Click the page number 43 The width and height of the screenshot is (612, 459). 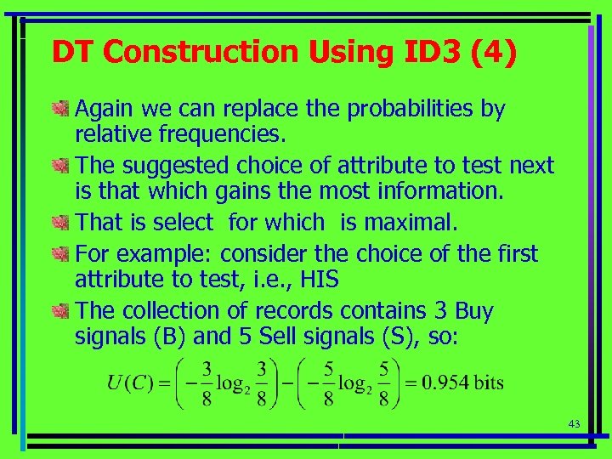pos(575,423)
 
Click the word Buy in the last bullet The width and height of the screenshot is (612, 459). pos(474,311)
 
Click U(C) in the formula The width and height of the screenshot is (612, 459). pos(129,382)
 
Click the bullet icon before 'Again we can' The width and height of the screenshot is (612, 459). pos(59,109)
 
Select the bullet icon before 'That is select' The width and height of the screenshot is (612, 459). pos(59,223)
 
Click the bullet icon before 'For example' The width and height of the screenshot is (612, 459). pos(59,254)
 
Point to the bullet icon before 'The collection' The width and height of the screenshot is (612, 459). pos(59,311)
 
